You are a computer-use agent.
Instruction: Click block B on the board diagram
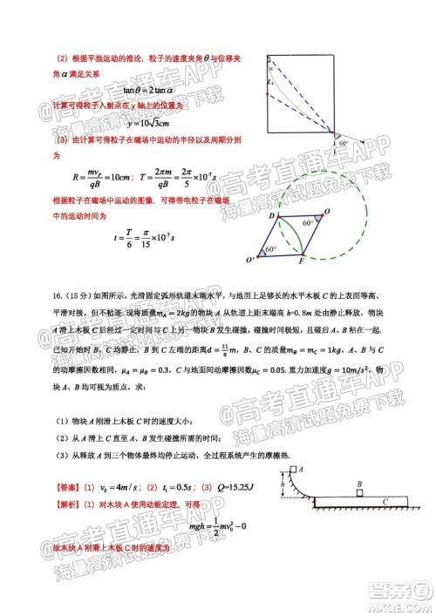(x=359, y=484)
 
